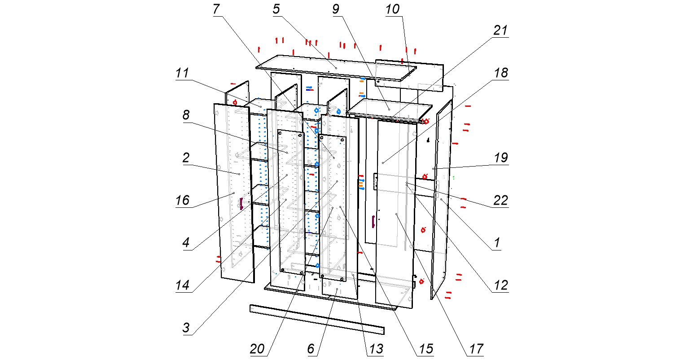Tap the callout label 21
click(500, 31)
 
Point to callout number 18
click(501, 73)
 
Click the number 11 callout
click(182, 73)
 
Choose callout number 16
click(183, 200)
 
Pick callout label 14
click(183, 285)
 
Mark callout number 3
click(186, 327)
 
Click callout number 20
click(258, 349)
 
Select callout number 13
click(376, 349)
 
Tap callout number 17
click(476, 349)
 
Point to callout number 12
click(500, 285)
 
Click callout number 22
click(500, 200)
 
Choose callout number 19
click(501, 158)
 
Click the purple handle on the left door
click(241, 203)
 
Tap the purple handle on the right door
click(373, 221)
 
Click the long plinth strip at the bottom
click(316, 319)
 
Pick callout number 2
click(186, 158)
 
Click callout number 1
click(497, 242)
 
